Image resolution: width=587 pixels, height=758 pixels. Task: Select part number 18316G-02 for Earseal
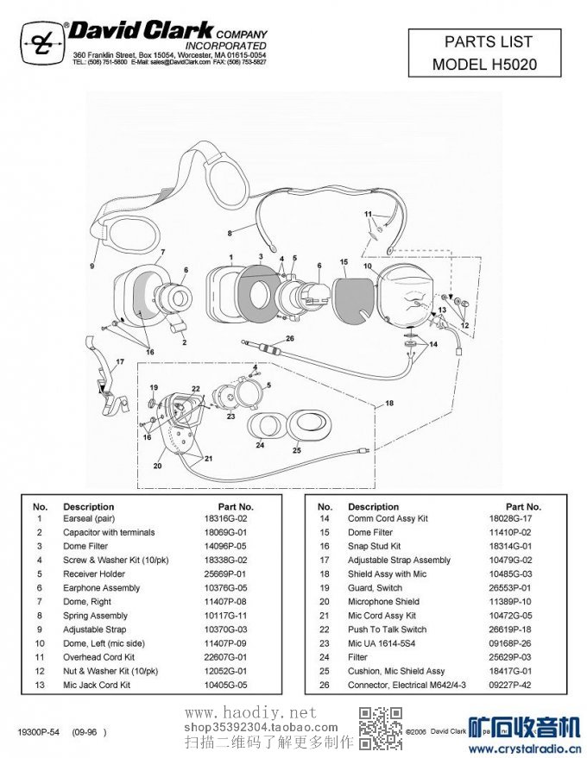tap(225, 519)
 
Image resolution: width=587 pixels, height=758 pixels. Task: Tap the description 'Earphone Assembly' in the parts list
tap(101, 588)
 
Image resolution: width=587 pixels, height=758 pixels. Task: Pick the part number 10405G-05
tap(225, 685)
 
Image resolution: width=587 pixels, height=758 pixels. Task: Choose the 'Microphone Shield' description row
tap(383, 602)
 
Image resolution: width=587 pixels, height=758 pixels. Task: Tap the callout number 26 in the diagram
tap(290, 338)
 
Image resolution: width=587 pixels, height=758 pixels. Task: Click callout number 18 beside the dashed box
tap(389, 403)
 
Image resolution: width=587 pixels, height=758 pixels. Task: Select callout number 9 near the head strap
tap(92, 266)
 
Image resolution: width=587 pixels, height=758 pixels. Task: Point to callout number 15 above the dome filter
tap(343, 260)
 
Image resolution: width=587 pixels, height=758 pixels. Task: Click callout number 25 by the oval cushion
tap(296, 449)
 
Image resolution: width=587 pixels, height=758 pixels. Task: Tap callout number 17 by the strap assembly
tap(120, 361)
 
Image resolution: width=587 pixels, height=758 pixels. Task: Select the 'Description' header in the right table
tap(373, 506)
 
